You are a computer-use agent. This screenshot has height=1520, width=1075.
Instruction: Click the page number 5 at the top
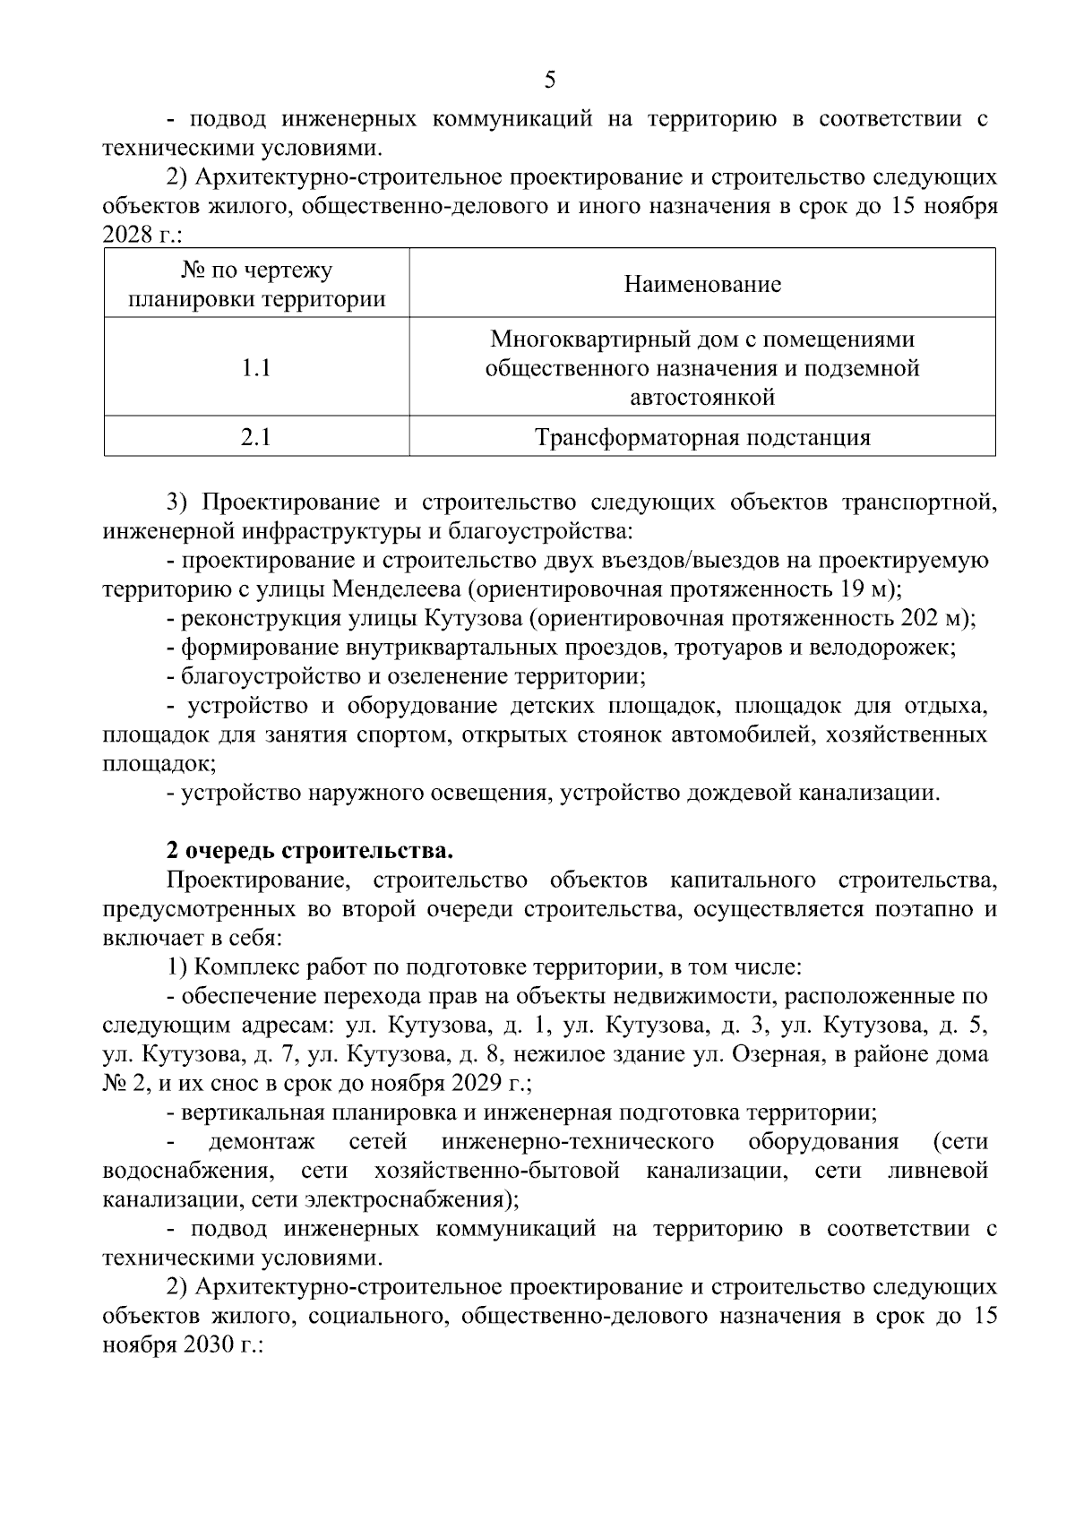click(x=549, y=81)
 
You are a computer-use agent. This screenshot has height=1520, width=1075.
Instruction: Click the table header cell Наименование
click(x=702, y=285)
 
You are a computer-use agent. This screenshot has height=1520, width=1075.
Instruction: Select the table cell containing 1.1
click(x=256, y=368)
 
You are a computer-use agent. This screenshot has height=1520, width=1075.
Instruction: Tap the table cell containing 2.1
click(x=256, y=437)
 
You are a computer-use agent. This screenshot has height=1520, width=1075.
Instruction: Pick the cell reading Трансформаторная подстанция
click(x=702, y=437)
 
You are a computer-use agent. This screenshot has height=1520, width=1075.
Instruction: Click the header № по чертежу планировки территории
click(x=256, y=285)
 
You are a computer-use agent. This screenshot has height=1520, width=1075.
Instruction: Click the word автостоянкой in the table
click(x=702, y=397)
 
